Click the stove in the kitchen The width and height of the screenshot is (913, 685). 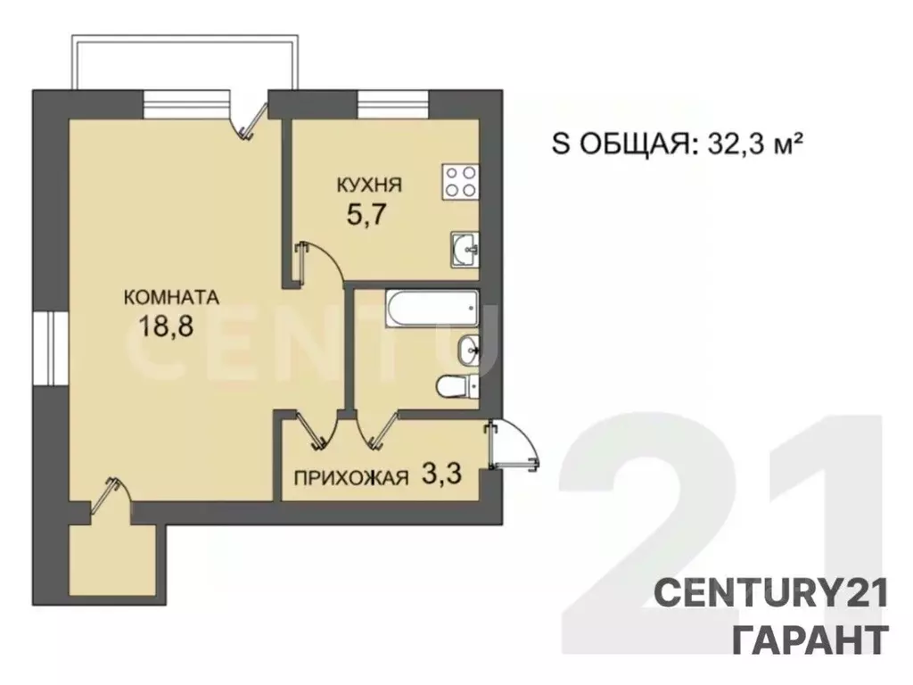460,181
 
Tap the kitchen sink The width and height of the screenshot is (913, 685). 465,250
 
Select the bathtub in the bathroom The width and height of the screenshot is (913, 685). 432,309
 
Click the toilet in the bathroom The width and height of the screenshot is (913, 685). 457,386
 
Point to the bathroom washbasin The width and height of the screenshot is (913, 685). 468,351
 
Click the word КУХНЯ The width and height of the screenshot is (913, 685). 369,186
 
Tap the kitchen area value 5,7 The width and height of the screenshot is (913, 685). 366,216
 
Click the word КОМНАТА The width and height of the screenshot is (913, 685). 171,297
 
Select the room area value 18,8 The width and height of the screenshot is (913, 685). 166,326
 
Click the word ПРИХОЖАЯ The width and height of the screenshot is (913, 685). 351,479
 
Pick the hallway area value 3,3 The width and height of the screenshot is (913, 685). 441,475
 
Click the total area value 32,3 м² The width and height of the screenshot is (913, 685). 756,144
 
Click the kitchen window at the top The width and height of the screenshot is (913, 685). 392,104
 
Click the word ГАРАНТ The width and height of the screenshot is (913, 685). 810,640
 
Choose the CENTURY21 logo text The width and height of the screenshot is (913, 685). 771,594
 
